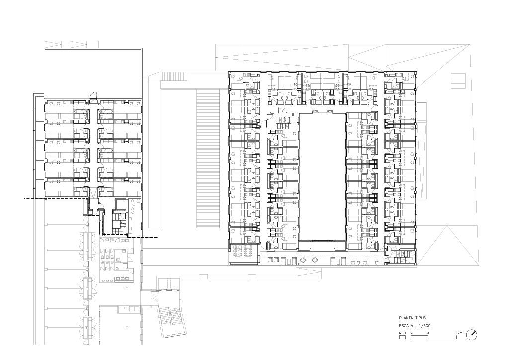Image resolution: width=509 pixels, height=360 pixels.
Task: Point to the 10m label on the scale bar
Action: pyautogui.click(x=459, y=333)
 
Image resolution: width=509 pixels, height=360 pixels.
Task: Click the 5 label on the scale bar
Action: pyautogui.click(x=428, y=333)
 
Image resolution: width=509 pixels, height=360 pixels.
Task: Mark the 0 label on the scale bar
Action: pyautogui.click(x=400, y=333)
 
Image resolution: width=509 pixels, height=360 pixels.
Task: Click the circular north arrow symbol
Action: pyautogui.click(x=471, y=335)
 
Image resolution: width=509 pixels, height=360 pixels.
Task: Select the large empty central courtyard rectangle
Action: pyautogui.click(x=322, y=177)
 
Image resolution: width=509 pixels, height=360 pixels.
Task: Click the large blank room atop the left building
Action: pyautogui.click(x=93, y=74)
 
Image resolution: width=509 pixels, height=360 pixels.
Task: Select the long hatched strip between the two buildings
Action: pyautogui.click(x=208, y=159)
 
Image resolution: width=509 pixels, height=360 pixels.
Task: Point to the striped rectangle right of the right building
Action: pyautogui.click(x=458, y=81)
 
